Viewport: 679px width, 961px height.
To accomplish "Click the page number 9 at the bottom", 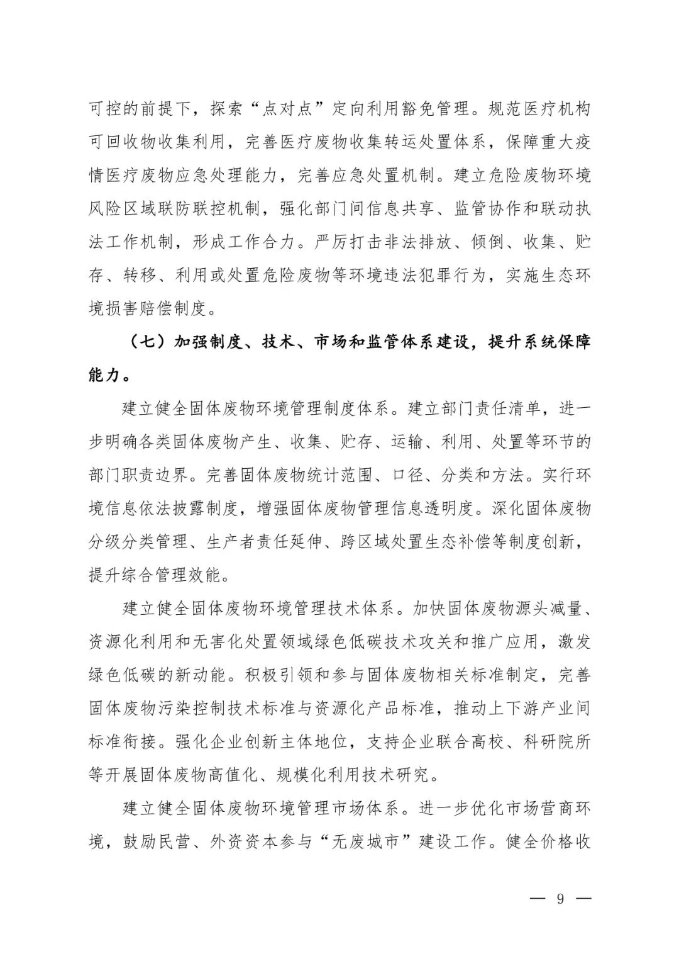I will (559, 898).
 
